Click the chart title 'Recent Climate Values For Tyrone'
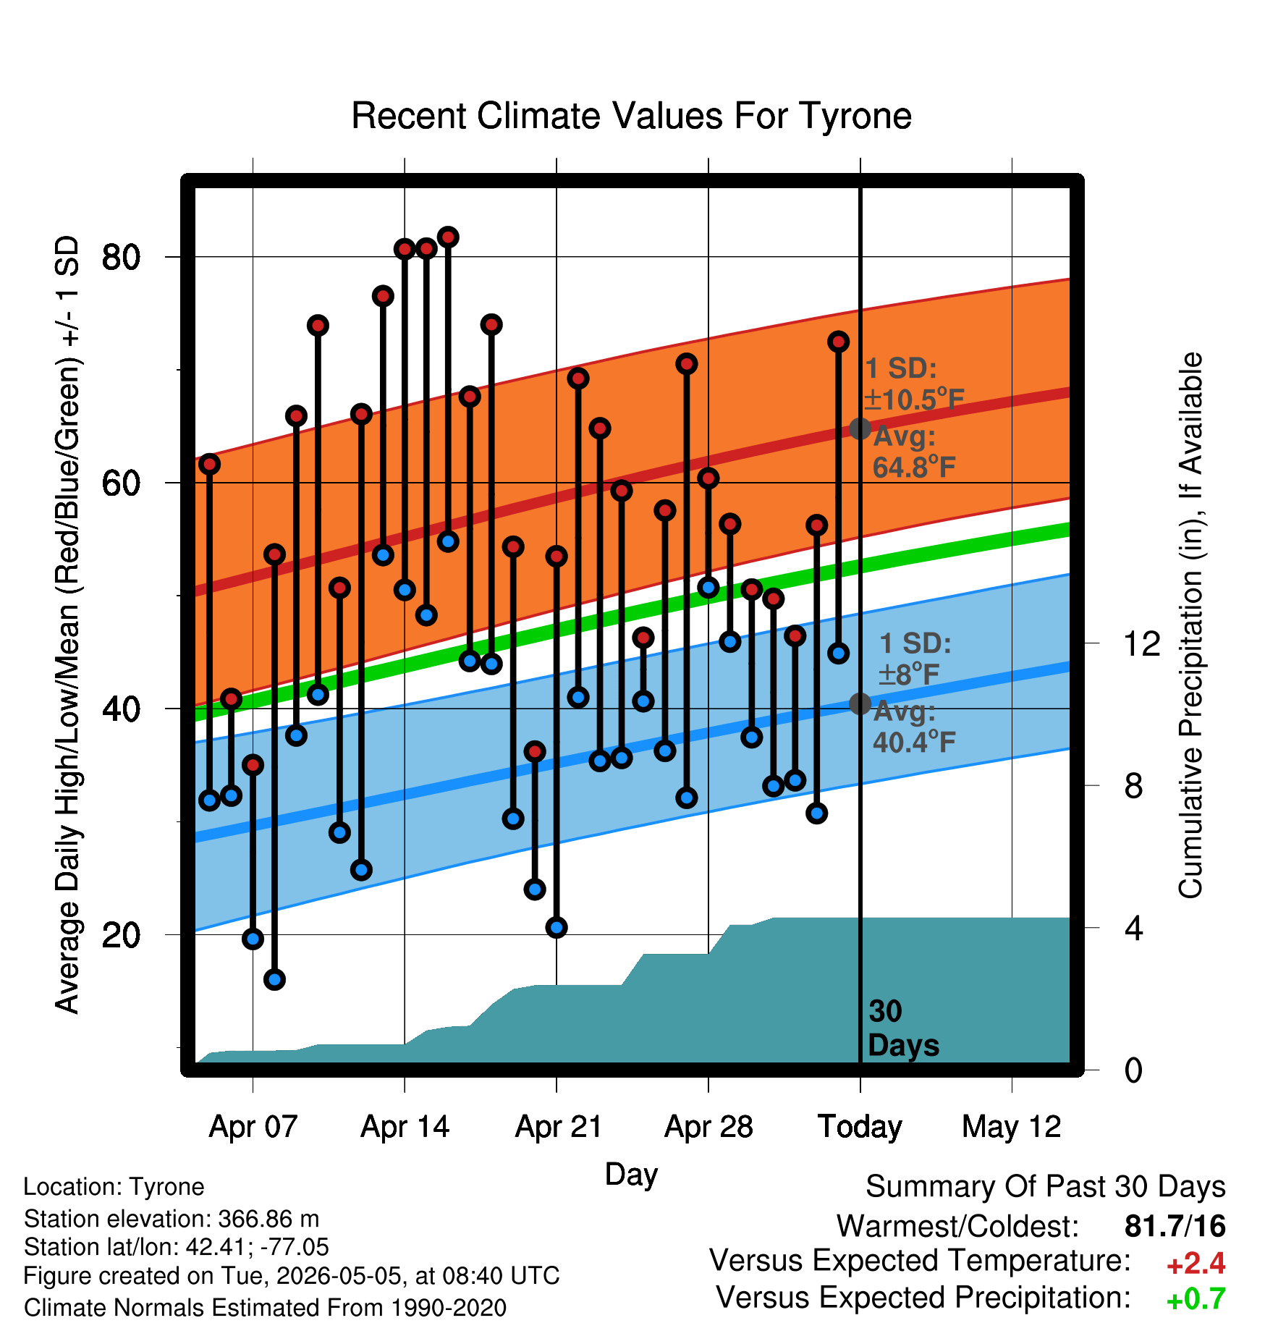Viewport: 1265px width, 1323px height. pos(631,116)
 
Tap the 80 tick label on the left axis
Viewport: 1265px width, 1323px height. pos(121,257)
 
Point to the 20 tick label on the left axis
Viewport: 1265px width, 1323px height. pos(121,934)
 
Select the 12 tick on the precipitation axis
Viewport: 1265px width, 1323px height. pos(1142,643)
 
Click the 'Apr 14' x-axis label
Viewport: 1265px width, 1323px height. pos(405,1127)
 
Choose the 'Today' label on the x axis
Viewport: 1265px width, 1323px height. pos(860,1127)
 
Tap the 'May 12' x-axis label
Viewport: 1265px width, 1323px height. pos(1012,1127)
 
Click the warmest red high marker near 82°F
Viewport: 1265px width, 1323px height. pos(448,237)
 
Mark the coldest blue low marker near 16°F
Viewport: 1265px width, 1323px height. pos(274,980)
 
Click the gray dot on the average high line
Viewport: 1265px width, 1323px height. pos(860,428)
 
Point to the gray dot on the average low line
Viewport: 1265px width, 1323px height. pos(860,703)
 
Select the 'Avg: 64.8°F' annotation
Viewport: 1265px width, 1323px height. pos(913,452)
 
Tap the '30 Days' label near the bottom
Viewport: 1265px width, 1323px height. pos(902,1028)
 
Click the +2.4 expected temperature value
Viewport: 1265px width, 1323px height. pos(1196,1263)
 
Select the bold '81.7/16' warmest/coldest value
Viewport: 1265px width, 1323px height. pos(1175,1227)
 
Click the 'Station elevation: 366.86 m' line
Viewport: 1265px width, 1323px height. pos(172,1219)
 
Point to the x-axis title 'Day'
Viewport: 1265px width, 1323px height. pos(631,1175)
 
